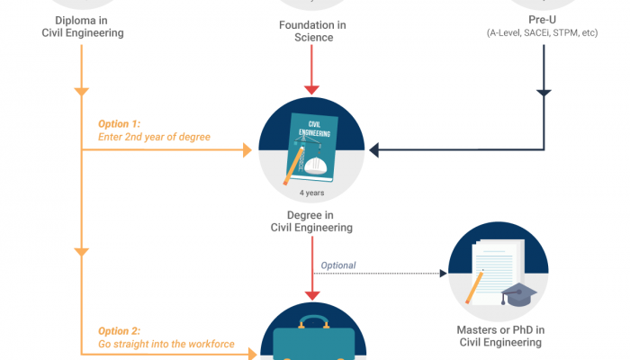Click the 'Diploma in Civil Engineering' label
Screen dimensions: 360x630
pyautogui.click(x=82, y=27)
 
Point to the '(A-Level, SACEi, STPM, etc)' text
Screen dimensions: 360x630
pyautogui.click(x=542, y=33)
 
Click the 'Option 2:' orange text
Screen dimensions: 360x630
pyautogui.click(x=121, y=330)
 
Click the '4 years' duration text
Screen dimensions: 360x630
pyautogui.click(x=311, y=192)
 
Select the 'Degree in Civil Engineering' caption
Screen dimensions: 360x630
pyautogui.click(x=311, y=221)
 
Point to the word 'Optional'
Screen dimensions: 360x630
pyautogui.click(x=338, y=265)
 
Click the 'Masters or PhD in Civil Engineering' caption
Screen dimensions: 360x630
pyautogui.click(x=500, y=336)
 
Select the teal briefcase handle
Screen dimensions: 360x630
pyautogui.click(x=311, y=321)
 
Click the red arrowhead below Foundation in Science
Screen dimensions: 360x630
pyautogui.click(x=311, y=89)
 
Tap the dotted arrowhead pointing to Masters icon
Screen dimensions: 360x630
pyautogui.click(x=443, y=274)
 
